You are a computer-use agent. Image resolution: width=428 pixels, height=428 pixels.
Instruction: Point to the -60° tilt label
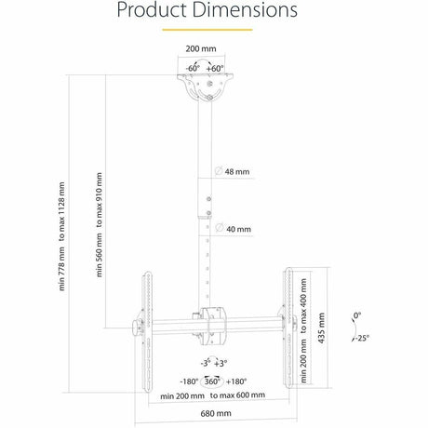192,68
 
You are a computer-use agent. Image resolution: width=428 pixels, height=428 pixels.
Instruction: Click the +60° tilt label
216,68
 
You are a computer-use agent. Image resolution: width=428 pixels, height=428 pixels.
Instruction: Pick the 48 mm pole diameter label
238,172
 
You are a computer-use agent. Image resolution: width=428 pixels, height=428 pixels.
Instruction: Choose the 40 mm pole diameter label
238,228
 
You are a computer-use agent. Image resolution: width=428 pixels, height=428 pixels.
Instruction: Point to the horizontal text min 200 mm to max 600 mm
212,395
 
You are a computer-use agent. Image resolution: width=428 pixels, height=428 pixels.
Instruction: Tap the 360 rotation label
212,381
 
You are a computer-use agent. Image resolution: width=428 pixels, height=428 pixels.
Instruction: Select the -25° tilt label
361,338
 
